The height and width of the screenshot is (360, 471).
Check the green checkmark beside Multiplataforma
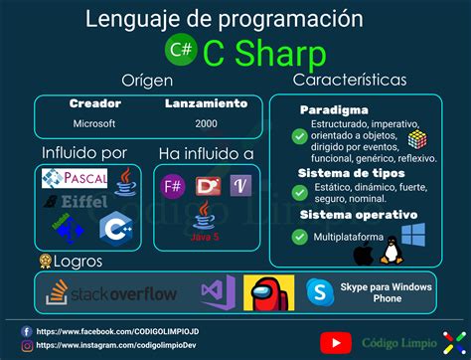[298, 237]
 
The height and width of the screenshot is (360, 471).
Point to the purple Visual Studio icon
[215, 293]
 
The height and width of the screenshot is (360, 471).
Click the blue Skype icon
[319, 292]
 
